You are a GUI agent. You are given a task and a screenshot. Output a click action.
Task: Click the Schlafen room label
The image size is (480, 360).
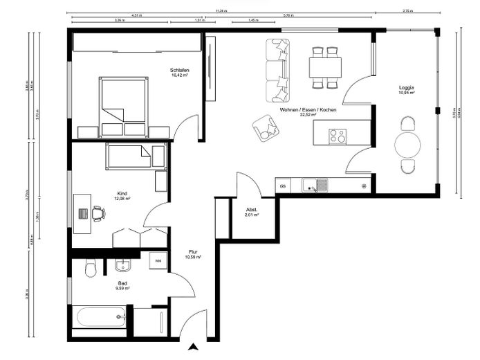[181, 70]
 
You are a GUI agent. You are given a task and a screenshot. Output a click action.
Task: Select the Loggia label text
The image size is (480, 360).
[407, 88]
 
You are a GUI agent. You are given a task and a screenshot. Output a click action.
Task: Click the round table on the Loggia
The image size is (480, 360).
[407, 145]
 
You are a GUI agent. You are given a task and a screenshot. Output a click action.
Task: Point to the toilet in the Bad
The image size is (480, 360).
[91, 269]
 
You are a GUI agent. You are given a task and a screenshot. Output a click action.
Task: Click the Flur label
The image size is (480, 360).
[194, 253]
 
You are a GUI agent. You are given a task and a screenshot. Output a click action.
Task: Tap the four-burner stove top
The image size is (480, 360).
[337, 136]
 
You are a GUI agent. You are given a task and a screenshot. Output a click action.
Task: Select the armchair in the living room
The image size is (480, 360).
[265, 127]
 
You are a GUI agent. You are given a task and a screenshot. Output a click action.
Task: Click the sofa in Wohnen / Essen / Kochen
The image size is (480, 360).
[279, 69]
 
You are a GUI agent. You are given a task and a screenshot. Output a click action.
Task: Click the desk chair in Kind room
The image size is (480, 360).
[98, 213]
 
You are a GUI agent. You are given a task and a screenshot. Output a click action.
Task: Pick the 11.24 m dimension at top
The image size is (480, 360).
[221, 10]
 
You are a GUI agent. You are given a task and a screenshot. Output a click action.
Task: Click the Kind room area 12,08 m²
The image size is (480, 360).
[122, 199]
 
